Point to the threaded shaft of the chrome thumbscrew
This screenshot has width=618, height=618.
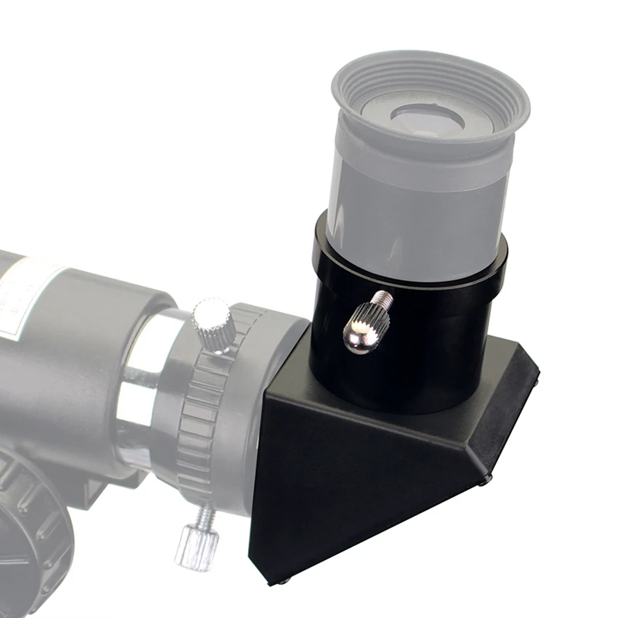click(383, 299)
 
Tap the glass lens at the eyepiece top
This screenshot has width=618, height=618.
click(427, 117)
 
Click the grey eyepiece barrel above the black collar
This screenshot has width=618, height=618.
click(417, 209)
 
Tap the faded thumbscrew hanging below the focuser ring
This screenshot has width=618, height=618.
click(191, 545)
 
